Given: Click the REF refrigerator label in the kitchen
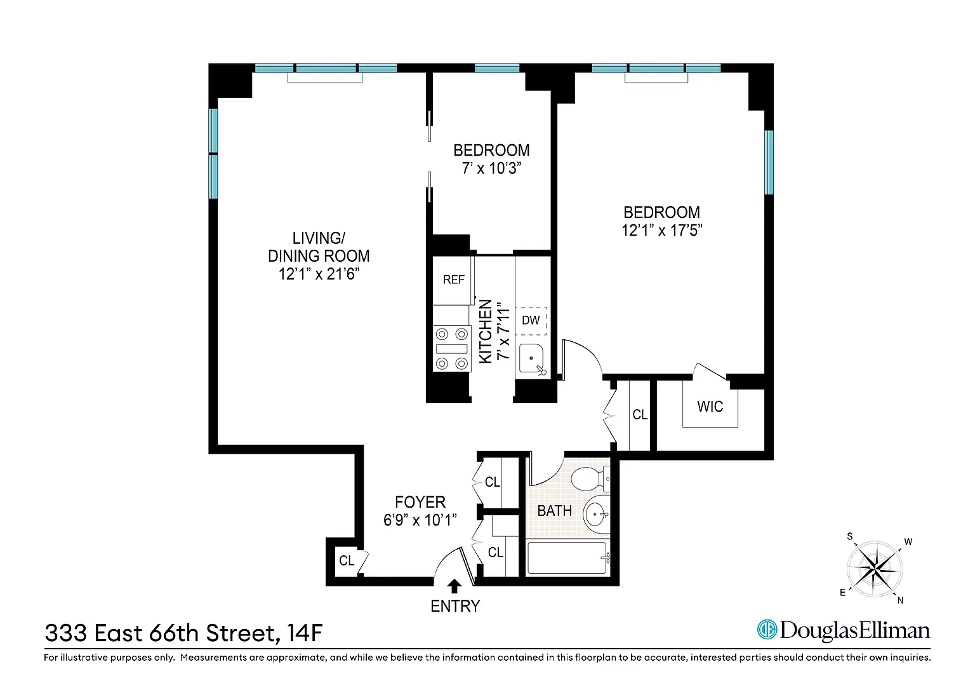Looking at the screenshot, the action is pyautogui.click(x=454, y=280).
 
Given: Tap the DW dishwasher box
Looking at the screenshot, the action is pyautogui.click(x=531, y=321).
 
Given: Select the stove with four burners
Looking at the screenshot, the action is pyautogui.click(x=452, y=349).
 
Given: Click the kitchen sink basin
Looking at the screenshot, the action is pyautogui.click(x=531, y=359).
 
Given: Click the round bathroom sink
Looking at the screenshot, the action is pyautogui.click(x=597, y=515).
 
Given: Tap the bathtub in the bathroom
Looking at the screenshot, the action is pyautogui.click(x=567, y=558).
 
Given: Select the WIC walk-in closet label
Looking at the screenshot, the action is pyautogui.click(x=710, y=407).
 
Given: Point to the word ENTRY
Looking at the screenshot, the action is pyautogui.click(x=455, y=606).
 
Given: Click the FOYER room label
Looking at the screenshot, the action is pyautogui.click(x=420, y=503).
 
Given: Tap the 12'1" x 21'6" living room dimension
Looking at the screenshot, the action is pyautogui.click(x=319, y=274).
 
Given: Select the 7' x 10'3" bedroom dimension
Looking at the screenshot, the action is pyautogui.click(x=491, y=168).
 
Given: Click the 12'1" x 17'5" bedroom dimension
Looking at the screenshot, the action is pyautogui.click(x=661, y=230).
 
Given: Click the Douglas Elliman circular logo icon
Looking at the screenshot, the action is pyautogui.click(x=767, y=630).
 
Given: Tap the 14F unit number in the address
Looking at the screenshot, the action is pyautogui.click(x=305, y=633).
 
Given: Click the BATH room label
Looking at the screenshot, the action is pyautogui.click(x=554, y=511).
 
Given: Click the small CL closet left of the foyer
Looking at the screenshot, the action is pyautogui.click(x=347, y=560).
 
